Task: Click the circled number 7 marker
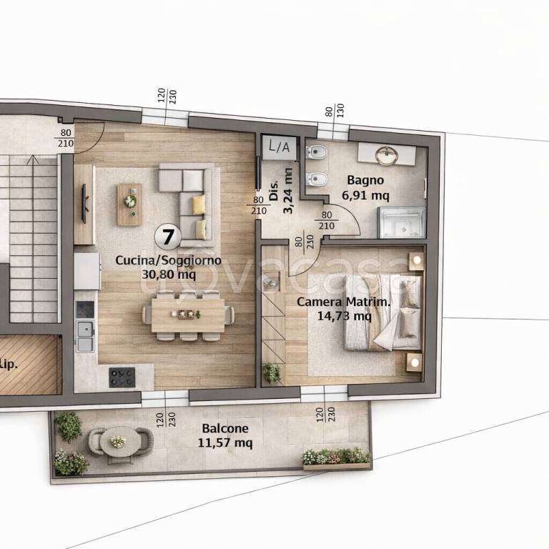(168, 237)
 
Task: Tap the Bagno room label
(365, 180)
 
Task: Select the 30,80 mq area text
(169, 274)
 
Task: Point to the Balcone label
(225, 428)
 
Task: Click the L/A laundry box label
(279, 147)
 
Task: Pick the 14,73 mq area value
(344, 316)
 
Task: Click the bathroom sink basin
(387, 155)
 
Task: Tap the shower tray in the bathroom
(402, 223)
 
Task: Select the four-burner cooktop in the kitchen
(122, 377)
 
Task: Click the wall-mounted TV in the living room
(84, 204)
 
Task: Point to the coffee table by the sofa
(129, 204)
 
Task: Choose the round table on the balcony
(119, 442)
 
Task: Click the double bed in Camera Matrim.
(382, 312)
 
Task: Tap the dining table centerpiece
(186, 314)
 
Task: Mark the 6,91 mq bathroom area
(365, 195)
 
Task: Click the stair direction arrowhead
(33, 159)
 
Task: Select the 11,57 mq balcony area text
(225, 443)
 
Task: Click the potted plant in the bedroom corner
(272, 372)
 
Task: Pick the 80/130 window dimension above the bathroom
(335, 111)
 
